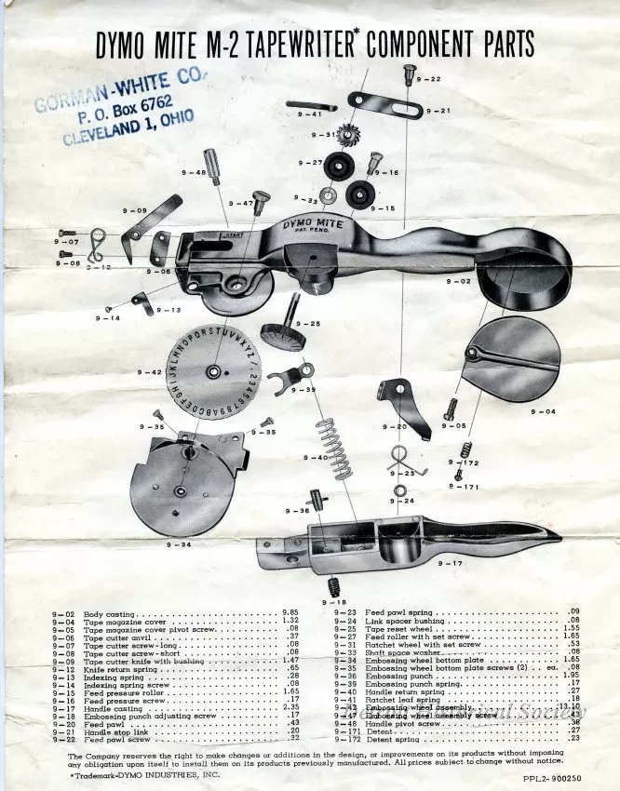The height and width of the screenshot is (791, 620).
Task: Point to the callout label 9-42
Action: point(150,371)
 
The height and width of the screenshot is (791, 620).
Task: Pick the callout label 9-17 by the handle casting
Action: point(450,564)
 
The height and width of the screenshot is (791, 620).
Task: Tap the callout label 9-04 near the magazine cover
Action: point(543,410)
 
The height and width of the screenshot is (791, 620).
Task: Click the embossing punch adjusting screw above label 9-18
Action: point(330,586)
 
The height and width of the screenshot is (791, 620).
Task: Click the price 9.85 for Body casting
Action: point(290,613)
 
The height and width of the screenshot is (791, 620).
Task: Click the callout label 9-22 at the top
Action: point(429,79)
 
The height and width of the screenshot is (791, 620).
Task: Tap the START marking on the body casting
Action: point(234,236)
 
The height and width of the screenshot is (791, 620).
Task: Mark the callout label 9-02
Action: point(459,280)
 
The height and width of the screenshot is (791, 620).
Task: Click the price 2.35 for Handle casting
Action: point(290,681)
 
